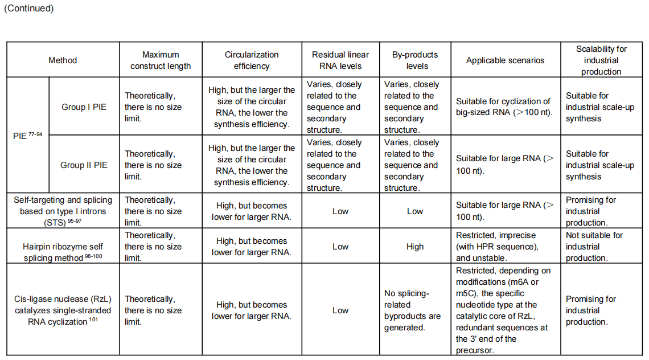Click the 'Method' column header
(63, 60)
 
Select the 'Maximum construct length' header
(161, 60)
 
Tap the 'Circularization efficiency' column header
(252, 60)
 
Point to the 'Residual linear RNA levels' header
(340, 60)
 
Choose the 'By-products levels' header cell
(415, 60)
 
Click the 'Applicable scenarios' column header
(505, 60)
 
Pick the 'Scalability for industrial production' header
(601, 60)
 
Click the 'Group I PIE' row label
(84, 107)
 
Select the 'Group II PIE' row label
(84, 165)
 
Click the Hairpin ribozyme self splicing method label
(63, 247)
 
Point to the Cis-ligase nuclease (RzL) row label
(63, 310)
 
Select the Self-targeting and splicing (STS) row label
(63, 211)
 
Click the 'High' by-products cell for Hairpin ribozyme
(415, 247)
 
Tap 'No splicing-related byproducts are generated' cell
(415, 310)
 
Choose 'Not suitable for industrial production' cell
(601, 247)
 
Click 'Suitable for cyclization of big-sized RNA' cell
(505, 107)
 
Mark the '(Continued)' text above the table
(29, 8)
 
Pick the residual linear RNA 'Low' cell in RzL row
(340, 310)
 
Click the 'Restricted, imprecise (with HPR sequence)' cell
(505, 247)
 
